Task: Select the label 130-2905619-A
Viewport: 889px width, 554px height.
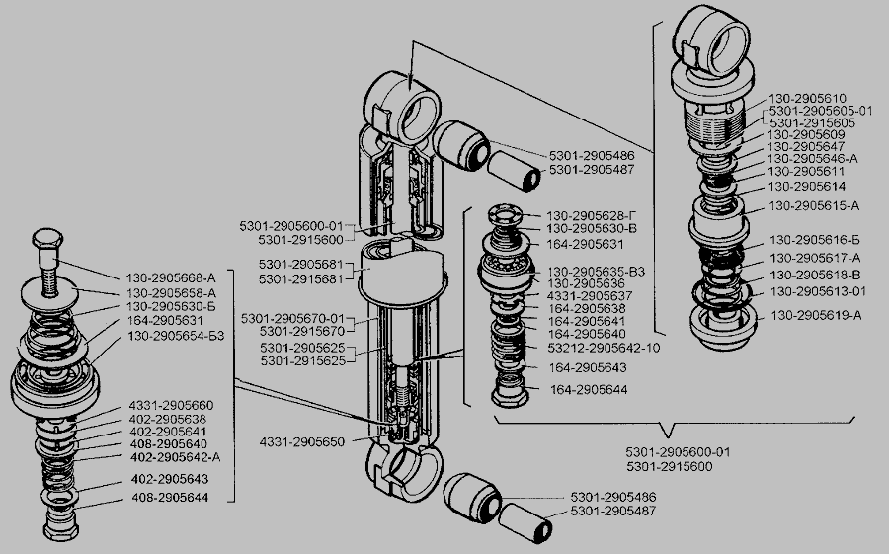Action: [x=817, y=316]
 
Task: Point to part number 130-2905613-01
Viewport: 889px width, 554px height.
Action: [x=818, y=291]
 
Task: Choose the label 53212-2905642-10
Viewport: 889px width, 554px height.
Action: [x=604, y=348]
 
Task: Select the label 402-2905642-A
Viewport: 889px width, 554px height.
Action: [x=174, y=456]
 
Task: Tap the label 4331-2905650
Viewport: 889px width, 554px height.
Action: [x=301, y=440]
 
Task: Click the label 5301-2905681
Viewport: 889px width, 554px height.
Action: [x=301, y=266]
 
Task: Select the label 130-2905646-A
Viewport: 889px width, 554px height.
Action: [x=812, y=158]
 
